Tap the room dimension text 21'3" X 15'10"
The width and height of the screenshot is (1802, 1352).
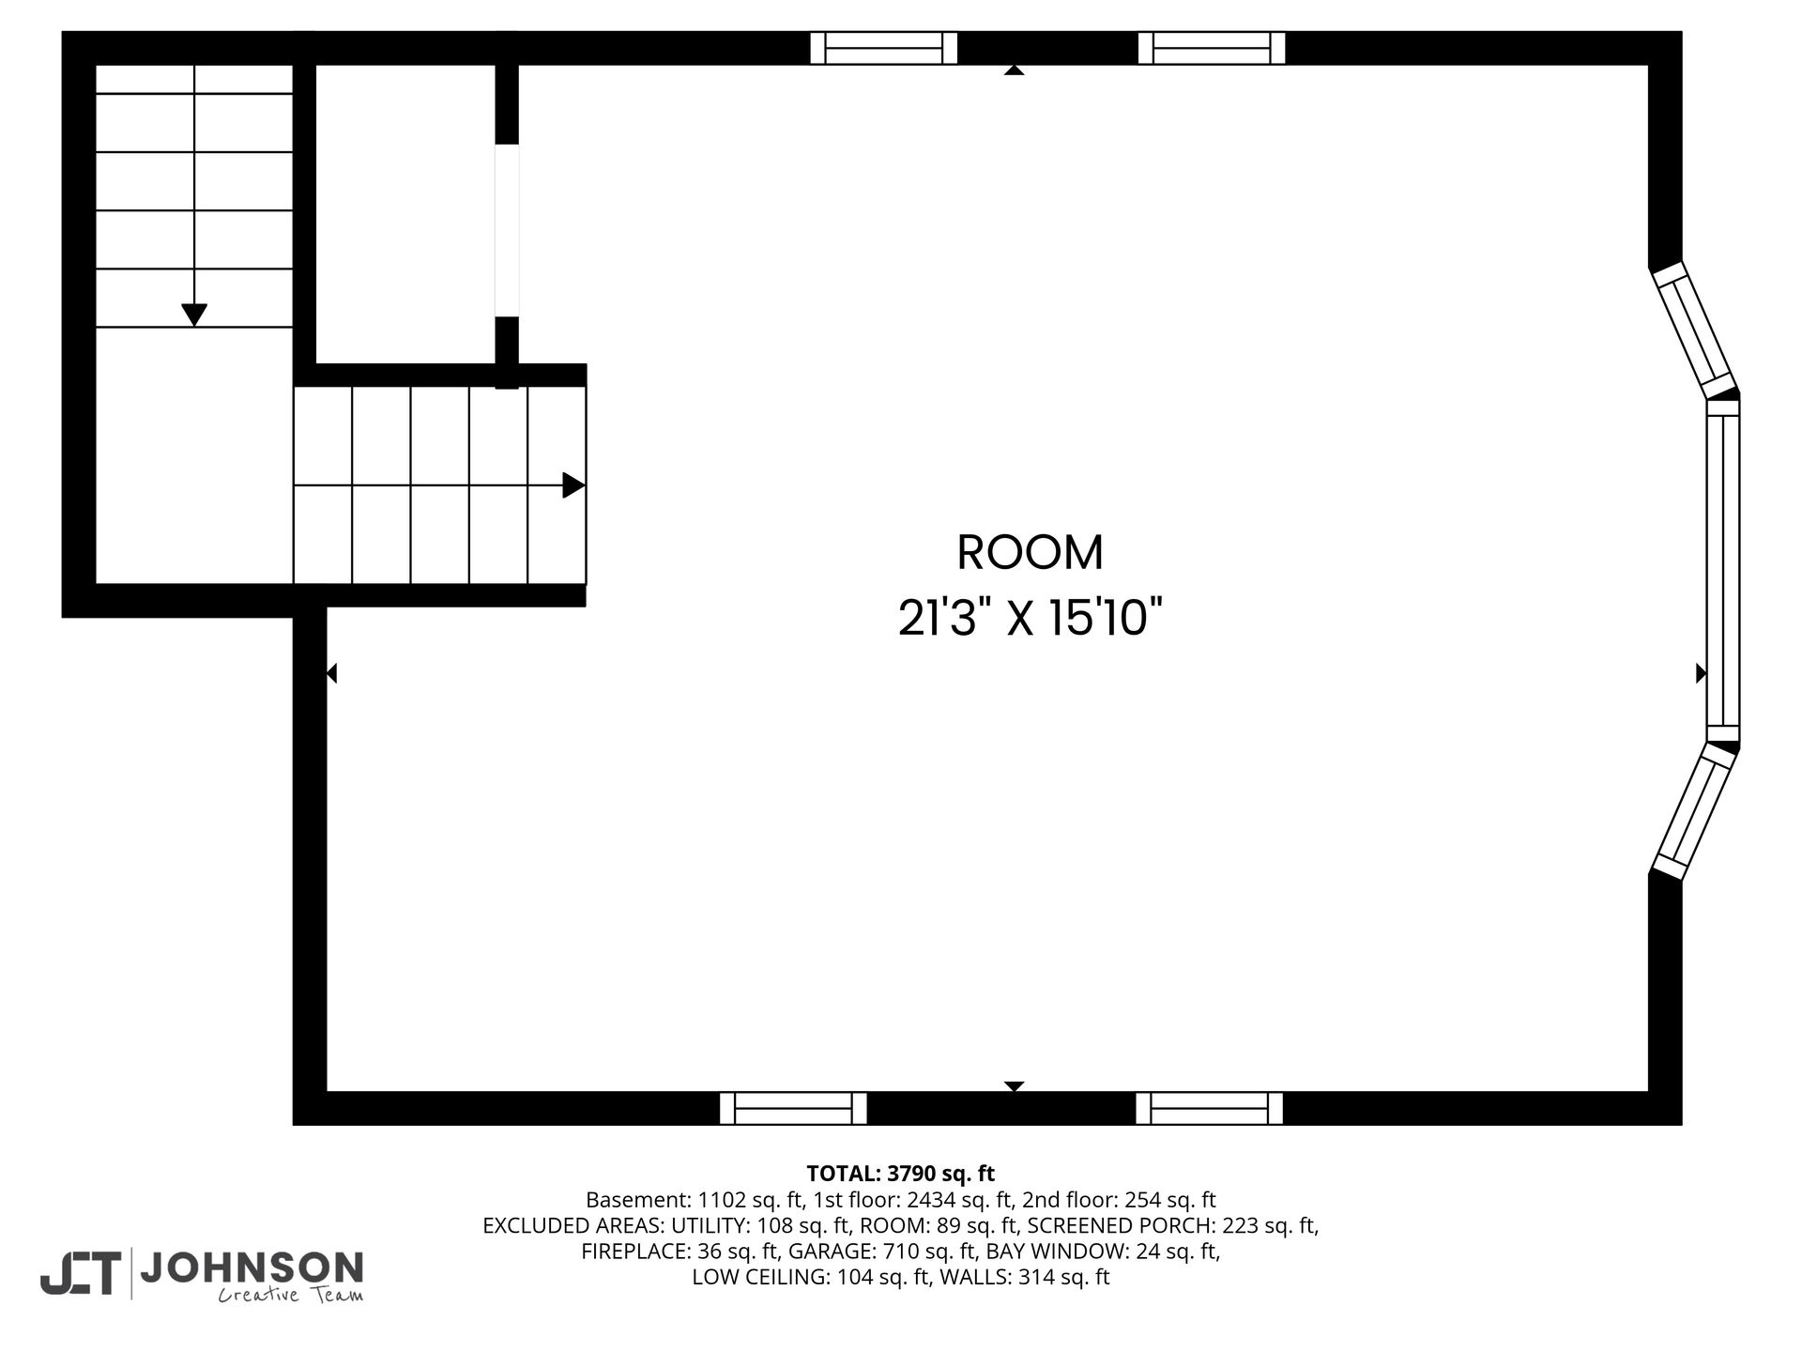pyautogui.click(x=1030, y=619)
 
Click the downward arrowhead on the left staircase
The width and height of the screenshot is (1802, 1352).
pyautogui.click(x=194, y=315)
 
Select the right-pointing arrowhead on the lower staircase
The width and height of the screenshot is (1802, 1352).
pyautogui.click(x=573, y=485)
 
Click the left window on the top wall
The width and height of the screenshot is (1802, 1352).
pyautogui.click(x=883, y=48)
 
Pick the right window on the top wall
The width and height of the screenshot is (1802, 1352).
pyautogui.click(x=1211, y=48)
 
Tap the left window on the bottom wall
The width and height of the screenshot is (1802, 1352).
pyautogui.click(x=793, y=1108)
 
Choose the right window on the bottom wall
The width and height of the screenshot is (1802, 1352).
pyautogui.click(x=1209, y=1108)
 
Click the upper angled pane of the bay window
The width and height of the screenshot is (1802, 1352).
pyautogui.click(x=1694, y=330)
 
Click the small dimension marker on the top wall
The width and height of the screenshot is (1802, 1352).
pyautogui.click(x=1014, y=69)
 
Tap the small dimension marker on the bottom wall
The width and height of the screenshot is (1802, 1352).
pyautogui.click(x=1014, y=1086)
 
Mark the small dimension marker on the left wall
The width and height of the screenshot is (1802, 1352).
pyautogui.click(x=331, y=673)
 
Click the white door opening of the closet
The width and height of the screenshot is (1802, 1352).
pyautogui.click(x=507, y=230)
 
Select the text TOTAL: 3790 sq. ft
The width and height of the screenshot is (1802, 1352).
pyautogui.click(x=901, y=1174)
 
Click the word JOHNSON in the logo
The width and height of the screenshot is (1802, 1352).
pyautogui.click(x=252, y=1267)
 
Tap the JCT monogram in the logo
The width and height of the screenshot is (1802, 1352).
pyautogui.click(x=80, y=1274)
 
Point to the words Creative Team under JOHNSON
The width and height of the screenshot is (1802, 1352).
pyautogui.click(x=291, y=1296)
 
